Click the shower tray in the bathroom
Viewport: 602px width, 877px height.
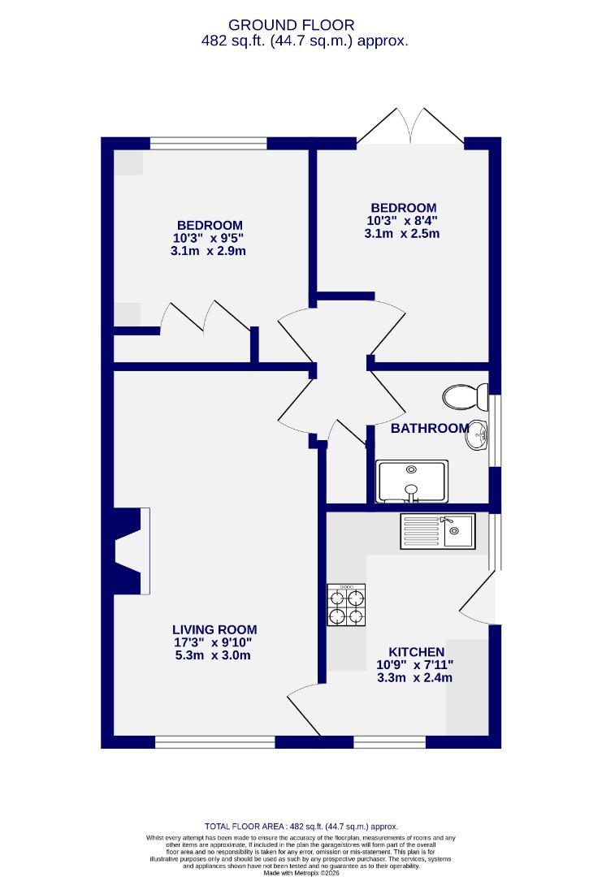click(x=412, y=481)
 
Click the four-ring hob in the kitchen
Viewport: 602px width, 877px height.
click(x=345, y=605)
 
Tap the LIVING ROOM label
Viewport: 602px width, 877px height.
click(x=214, y=629)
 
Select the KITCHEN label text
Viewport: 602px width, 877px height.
click(x=416, y=652)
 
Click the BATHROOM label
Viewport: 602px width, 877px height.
click(x=430, y=428)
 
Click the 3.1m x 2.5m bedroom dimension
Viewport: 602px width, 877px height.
click(x=402, y=234)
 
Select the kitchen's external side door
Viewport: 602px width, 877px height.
click(x=479, y=597)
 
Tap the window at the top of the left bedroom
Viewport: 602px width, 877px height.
click(x=208, y=144)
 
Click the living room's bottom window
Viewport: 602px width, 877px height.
click(x=214, y=741)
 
